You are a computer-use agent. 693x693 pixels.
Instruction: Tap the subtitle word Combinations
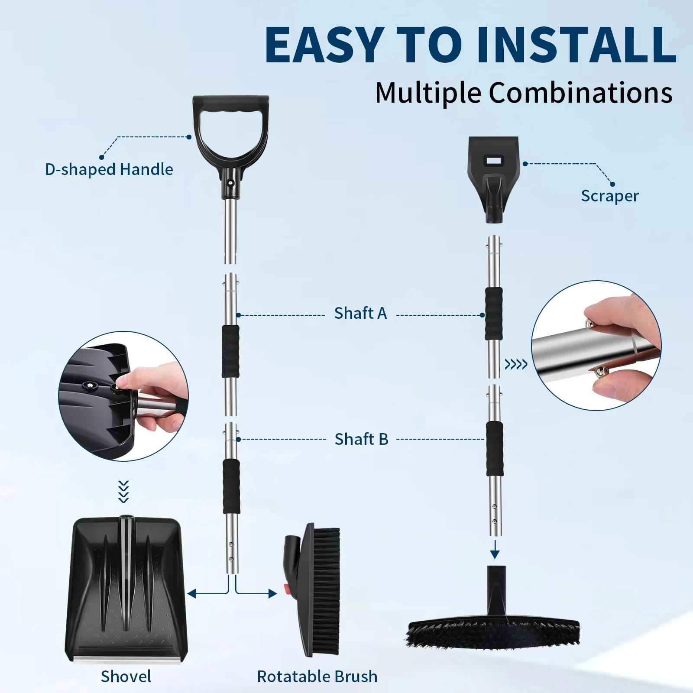(x=580, y=92)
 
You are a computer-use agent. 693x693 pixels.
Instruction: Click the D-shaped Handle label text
(x=109, y=169)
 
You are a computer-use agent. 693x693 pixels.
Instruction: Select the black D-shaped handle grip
(x=230, y=106)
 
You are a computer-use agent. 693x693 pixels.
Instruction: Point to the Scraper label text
(x=609, y=196)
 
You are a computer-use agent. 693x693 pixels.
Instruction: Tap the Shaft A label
(x=360, y=313)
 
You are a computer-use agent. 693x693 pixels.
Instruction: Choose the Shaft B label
(x=361, y=439)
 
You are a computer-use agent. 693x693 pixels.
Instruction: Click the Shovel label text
(x=126, y=676)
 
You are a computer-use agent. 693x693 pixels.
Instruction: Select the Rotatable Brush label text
(x=317, y=676)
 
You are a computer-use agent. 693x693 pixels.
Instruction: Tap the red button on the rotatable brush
(x=286, y=589)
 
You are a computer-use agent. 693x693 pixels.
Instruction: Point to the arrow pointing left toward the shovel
(x=193, y=593)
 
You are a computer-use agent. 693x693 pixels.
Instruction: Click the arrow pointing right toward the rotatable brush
(x=272, y=593)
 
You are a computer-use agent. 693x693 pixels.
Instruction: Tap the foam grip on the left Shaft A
(x=230, y=352)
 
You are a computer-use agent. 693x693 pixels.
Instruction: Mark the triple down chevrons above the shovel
(x=124, y=492)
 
